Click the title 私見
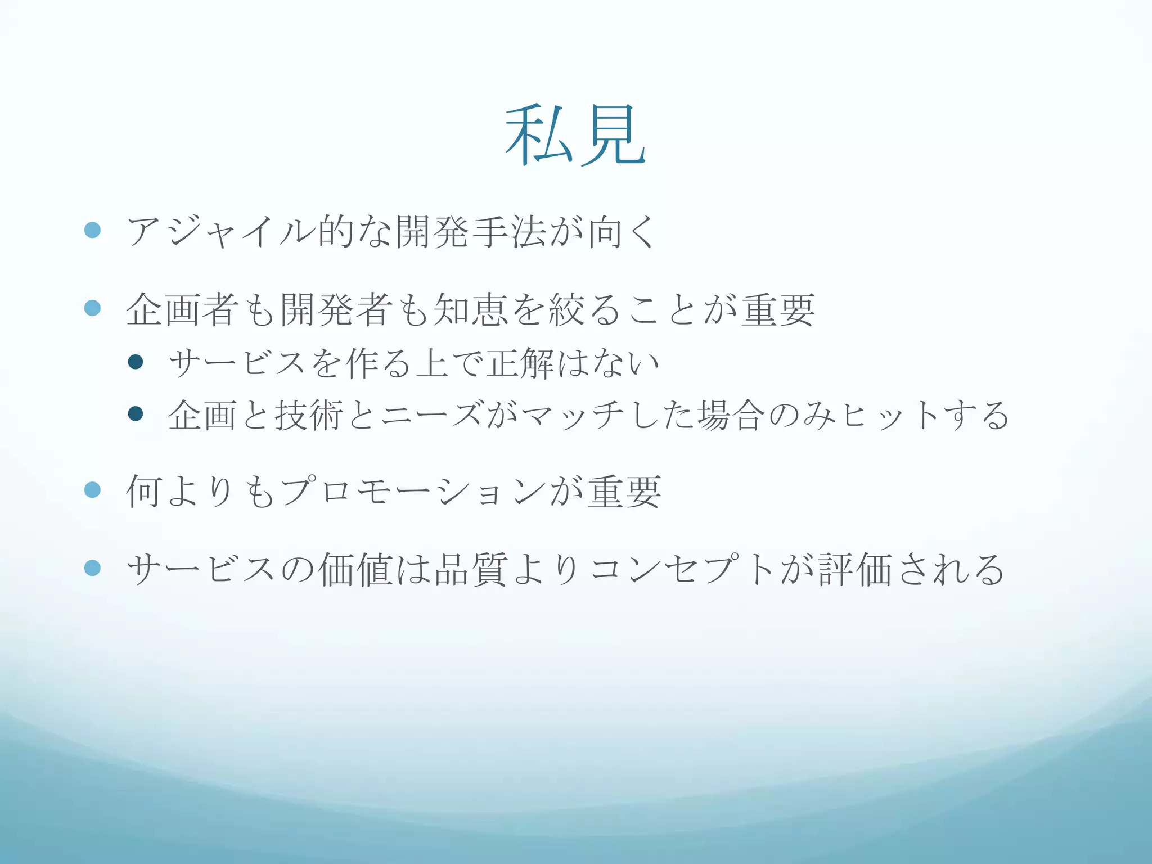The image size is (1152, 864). tap(575, 135)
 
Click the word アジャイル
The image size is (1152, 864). tap(220, 231)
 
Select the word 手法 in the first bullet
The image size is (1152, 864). tap(510, 231)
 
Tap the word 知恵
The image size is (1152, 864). tap(471, 309)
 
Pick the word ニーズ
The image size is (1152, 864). tap(431, 415)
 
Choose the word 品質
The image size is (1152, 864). tap(471, 569)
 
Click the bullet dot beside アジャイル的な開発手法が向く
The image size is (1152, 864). tap(92, 230)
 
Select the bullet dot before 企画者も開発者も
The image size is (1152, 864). tap(92, 308)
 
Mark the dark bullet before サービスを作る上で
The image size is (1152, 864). tap(136, 362)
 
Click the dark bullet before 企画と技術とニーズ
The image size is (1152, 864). tap(136, 414)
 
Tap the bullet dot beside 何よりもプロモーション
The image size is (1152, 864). tap(92, 490)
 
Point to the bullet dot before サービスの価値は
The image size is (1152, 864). tap(92, 568)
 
